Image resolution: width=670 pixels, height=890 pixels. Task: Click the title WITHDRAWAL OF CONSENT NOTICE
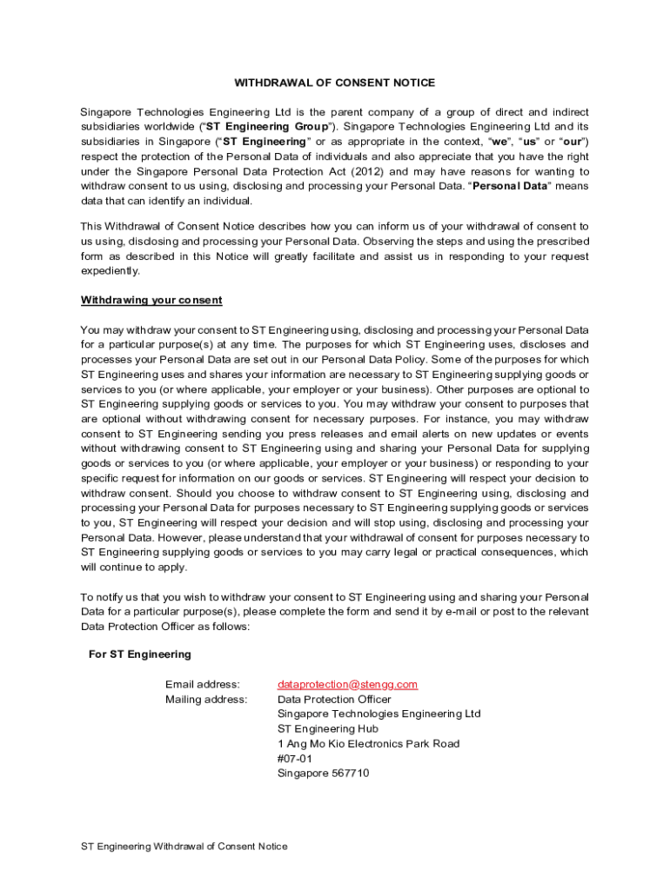(x=334, y=83)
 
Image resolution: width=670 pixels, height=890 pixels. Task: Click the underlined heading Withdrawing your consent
(x=151, y=300)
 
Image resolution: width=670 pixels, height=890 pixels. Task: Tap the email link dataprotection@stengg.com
(x=347, y=684)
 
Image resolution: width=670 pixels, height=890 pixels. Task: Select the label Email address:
(x=202, y=684)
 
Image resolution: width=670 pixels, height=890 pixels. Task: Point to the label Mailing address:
(x=206, y=699)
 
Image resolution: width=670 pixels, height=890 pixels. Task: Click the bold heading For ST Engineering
(x=140, y=654)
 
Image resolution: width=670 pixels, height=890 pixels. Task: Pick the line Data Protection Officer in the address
(x=334, y=699)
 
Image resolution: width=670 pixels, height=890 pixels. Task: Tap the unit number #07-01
(x=294, y=758)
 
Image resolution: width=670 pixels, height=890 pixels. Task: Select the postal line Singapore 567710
(x=323, y=773)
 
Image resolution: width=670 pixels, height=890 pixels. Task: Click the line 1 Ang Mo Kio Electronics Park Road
(x=368, y=743)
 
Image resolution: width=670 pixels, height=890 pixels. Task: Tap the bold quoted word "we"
(x=501, y=142)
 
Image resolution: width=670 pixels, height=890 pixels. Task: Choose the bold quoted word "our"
(x=572, y=142)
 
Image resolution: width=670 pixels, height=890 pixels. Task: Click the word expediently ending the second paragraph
(x=110, y=270)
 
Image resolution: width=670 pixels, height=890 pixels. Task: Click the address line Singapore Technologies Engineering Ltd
(x=379, y=714)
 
